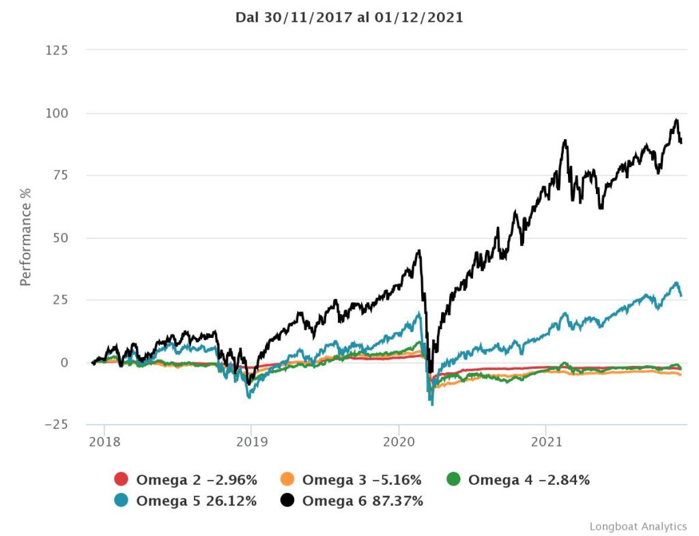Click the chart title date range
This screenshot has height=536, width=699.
point(349,18)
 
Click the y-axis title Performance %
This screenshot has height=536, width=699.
point(26,236)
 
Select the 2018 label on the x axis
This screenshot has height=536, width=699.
point(104,442)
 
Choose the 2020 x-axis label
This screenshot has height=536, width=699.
point(399,442)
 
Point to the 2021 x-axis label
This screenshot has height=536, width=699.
point(546,442)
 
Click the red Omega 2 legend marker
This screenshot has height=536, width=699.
point(122,480)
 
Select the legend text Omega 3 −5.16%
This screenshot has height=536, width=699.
point(362,480)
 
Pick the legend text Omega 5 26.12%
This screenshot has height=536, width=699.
point(197,501)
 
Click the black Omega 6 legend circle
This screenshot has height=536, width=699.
point(287,501)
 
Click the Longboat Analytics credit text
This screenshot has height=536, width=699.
point(638,526)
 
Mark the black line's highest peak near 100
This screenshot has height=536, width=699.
point(676,119)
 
